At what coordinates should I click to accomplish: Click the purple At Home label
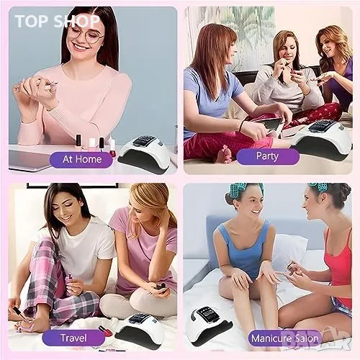click(81, 160)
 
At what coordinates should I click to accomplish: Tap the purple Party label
click(268, 156)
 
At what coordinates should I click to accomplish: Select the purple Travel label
click(73, 338)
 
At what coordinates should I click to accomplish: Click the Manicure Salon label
click(284, 338)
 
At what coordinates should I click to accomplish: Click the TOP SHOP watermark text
click(57, 21)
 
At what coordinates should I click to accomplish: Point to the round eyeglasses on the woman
click(86, 36)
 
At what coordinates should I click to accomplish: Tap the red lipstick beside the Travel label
click(106, 330)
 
